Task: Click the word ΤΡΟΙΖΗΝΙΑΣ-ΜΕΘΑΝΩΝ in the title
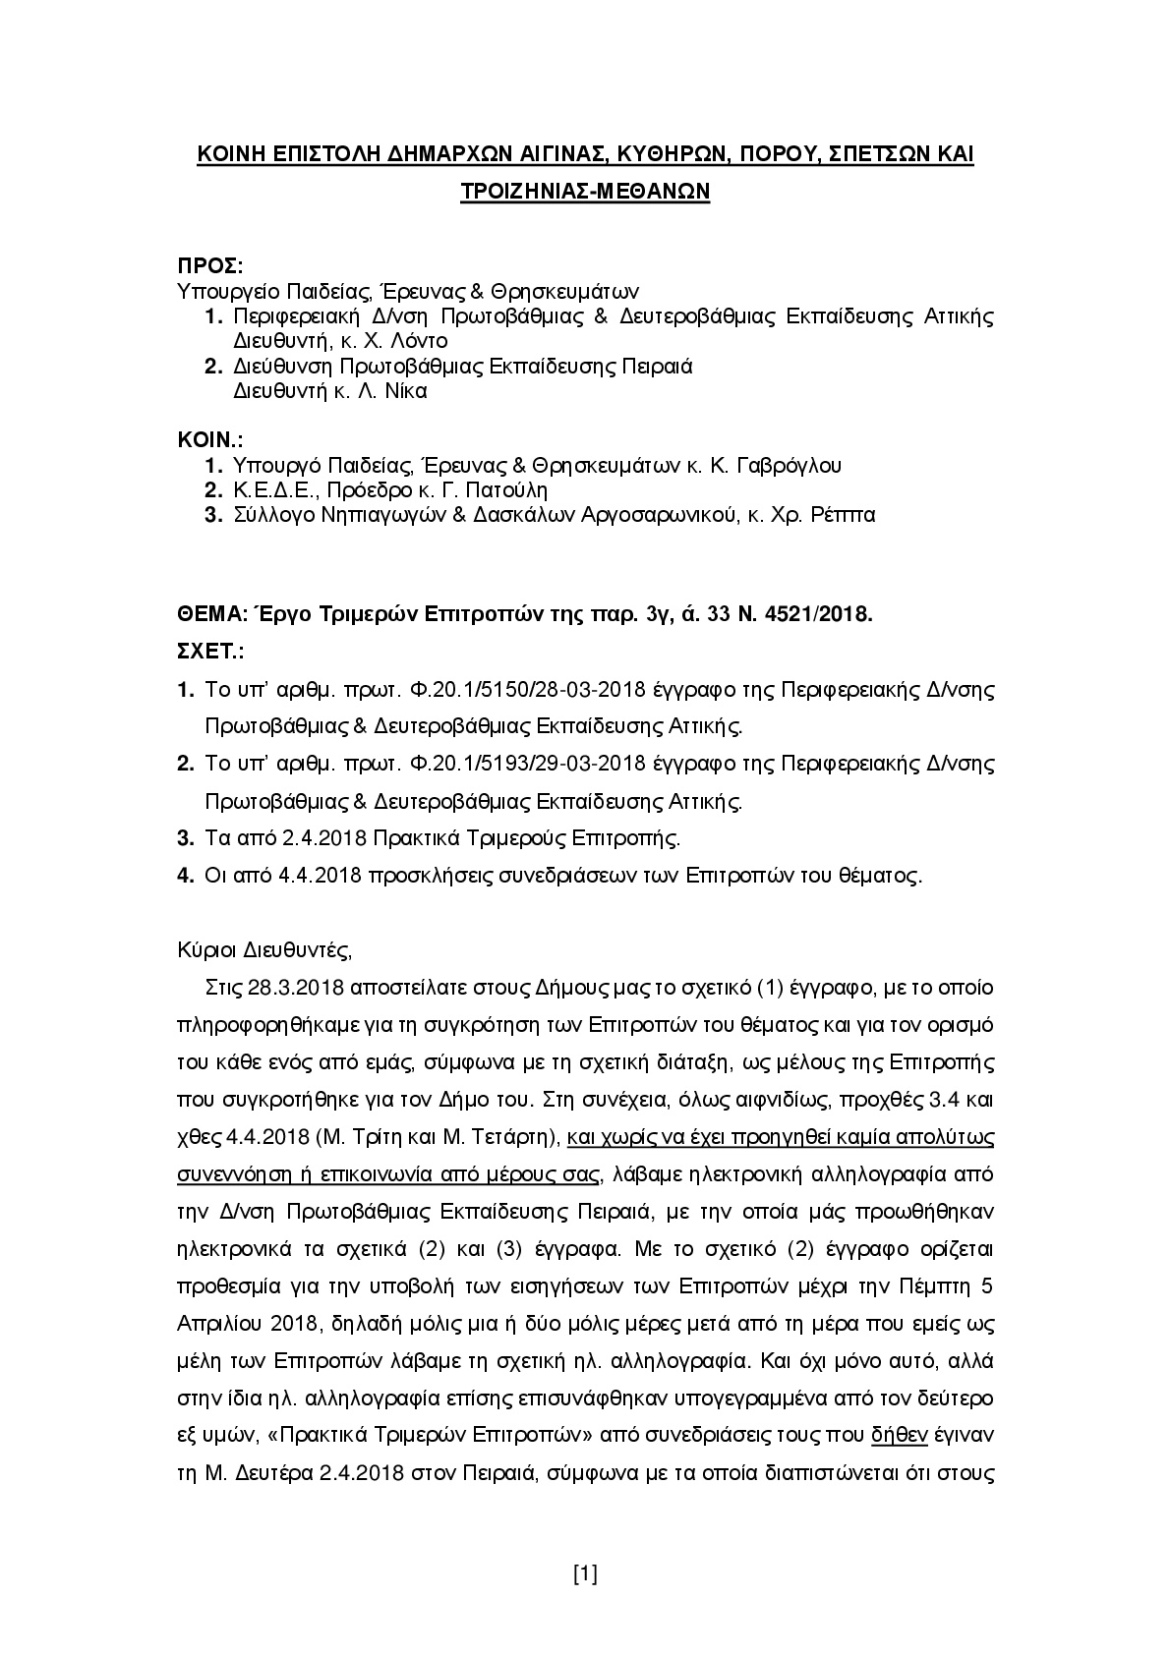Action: tap(585, 192)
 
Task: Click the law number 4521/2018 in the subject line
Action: tap(824, 614)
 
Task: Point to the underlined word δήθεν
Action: tap(900, 1435)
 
